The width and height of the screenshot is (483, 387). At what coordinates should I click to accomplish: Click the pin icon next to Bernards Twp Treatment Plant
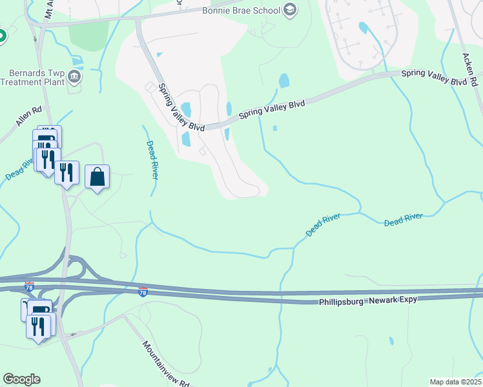[x=75, y=77]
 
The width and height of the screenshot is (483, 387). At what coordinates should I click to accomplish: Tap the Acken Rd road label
[x=469, y=62]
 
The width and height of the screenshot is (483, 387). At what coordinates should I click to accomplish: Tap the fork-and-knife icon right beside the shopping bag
[x=67, y=172]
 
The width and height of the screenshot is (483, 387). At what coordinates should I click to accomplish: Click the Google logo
[x=21, y=379]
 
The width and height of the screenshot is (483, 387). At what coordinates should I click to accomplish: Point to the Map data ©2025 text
[x=455, y=382]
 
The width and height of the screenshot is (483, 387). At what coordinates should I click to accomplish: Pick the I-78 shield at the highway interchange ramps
[x=29, y=284]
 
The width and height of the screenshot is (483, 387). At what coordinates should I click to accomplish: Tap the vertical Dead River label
[x=151, y=160]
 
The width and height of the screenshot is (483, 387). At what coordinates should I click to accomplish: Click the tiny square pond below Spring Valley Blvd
[x=275, y=128]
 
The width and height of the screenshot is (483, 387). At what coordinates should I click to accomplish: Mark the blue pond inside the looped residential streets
[x=363, y=28]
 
